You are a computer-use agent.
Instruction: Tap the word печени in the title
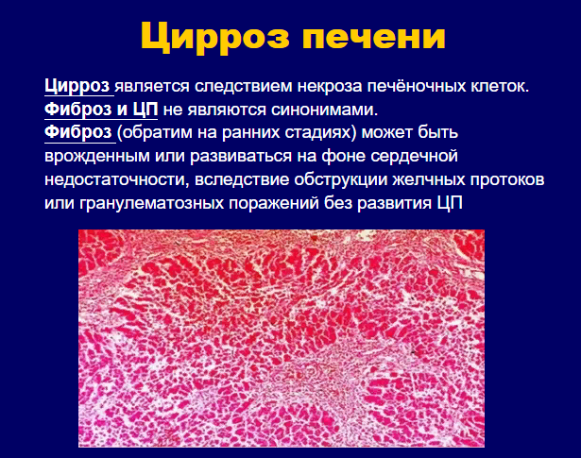tap(374, 36)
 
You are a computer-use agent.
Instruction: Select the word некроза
tap(330, 86)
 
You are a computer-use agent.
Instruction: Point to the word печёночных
tap(416, 87)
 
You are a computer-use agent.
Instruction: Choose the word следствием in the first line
tap(244, 87)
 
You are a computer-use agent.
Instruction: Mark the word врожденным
tap(97, 157)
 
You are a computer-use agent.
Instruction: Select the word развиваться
tap(242, 157)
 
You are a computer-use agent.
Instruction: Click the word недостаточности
tap(117, 180)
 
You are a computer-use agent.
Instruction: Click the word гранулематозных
tap(151, 204)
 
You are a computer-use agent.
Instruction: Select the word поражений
tap(274, 203)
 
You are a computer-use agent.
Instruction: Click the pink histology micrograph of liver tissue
tap(282, 338)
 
